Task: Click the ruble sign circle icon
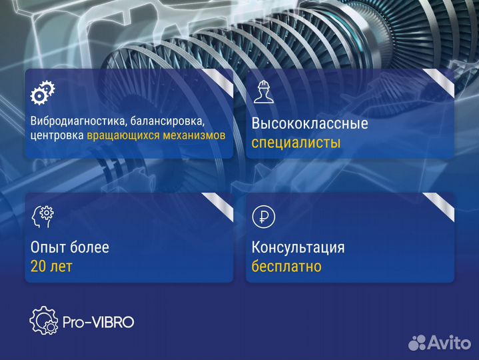tap(262, 216)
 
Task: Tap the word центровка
tap(57, 135)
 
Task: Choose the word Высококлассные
tap(310, 124)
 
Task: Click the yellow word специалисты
tap(296, 143)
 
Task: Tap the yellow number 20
tap(39, 267)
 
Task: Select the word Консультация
tap(298, 248)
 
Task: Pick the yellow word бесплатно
tap(286, 267)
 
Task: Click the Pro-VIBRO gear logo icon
tap(45, 321)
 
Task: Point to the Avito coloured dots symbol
tap(417, 343)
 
